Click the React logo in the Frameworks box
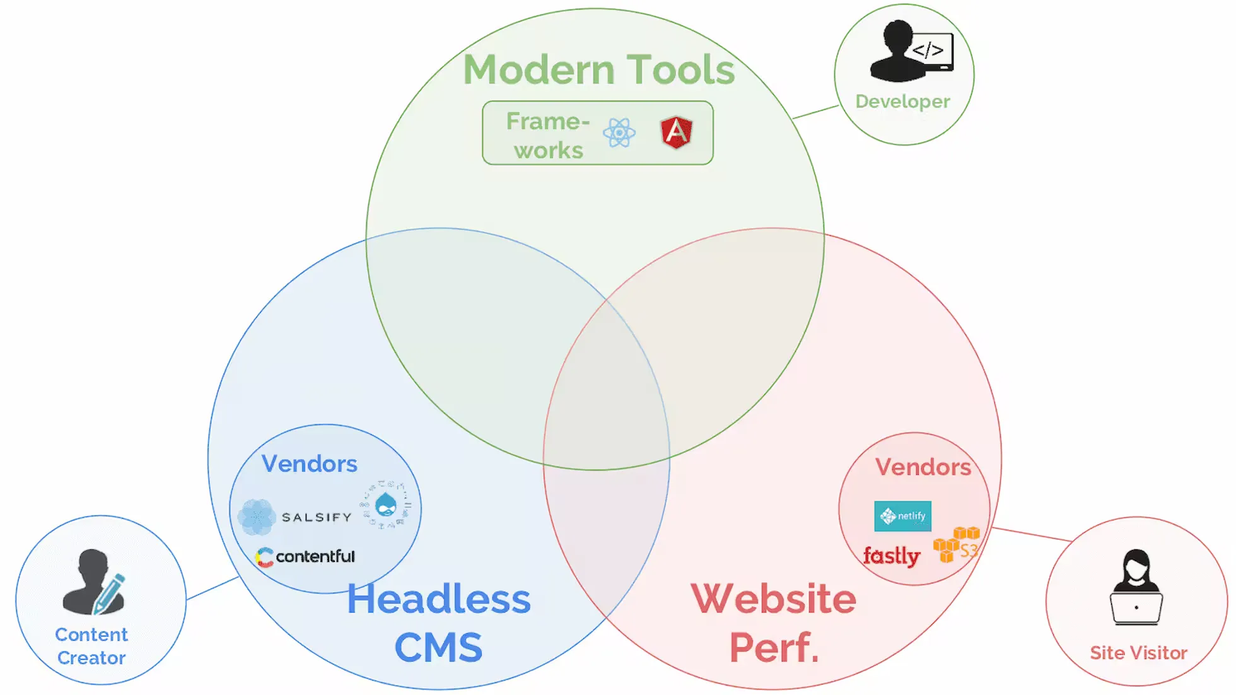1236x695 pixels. [x=619, y=133]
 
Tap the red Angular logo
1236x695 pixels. [x=676, y=132]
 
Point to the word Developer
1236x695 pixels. [x=902, y=102]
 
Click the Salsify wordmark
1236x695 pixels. [x=316, y=517]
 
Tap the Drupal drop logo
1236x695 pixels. [x=386, y=505]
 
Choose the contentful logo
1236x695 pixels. [x=306, y=556]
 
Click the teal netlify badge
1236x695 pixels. [x=902, y=516]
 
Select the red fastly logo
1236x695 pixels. [x=892, y=556]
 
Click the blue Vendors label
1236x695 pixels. [x=309, y=464]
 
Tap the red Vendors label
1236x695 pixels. [x=923, y=467]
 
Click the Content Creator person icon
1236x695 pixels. [x=94, y=581]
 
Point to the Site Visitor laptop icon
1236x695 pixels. [x=1136, y=588]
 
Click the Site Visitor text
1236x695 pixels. [x=1138, y=653]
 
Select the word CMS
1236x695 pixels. [x=438, y=648]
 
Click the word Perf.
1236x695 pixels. [x=774, y=648]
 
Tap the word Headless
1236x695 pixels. [x=439, y=599]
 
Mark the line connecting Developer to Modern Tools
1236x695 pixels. [x=815, y=112]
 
